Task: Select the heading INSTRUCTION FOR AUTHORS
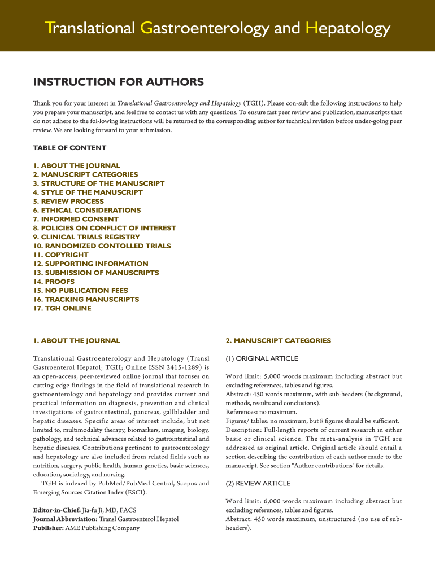pyautogui.click(x=118, y=82)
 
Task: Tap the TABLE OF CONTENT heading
pyautogui.click(x=69, y=148)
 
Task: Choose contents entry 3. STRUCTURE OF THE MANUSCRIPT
pyautogui.click(x=99, y=183)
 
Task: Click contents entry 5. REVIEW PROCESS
pyautogui.click(x=68, y=201)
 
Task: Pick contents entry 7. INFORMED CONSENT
pyautogui.click(x=76, y=219)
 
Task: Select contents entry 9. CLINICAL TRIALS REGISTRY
pyautogui.click(x=86, y=237)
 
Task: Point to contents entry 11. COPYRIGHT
pyautogui.click(x=61, y=255)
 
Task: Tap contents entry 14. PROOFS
pyautogui.click(x=54, y=281)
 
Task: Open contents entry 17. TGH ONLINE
pyautogui.click(x=62, y=308)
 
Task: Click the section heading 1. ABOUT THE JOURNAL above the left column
pyautogui.click(x=76, y=341)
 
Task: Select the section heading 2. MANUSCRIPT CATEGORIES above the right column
pyautogui.click(x=278, y=341)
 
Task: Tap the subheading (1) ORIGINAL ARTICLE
pyautogui.click(x=262, y=358)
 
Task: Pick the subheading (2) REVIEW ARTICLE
pyautogui.click(x=258, y=483)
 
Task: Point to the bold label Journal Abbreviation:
pyautogui.click(x=66, y=519)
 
